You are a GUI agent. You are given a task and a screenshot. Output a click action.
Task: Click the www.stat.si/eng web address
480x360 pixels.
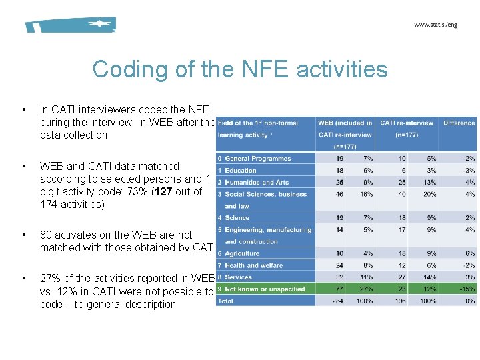(435, 25)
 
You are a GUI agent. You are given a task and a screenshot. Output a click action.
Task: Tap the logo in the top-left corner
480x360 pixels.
(71, 25)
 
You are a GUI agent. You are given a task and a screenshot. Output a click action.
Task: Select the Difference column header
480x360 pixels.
(459, 123)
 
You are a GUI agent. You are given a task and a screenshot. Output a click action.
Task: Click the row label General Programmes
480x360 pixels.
(257, 159)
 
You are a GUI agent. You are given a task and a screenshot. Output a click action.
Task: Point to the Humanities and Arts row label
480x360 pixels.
(257, 182)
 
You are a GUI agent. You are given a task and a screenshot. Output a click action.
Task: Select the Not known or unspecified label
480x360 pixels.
(265, 289)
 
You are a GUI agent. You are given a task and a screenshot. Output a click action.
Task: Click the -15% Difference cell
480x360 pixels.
(466, 289)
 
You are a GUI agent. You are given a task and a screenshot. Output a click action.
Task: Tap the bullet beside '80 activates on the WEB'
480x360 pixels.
(24, 235)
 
